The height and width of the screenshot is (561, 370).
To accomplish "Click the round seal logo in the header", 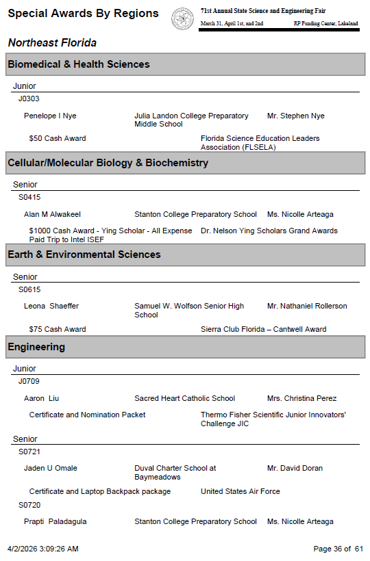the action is (182, 18).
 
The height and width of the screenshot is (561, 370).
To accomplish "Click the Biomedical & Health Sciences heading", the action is (78, 64).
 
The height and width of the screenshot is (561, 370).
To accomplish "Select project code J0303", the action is (29, 99).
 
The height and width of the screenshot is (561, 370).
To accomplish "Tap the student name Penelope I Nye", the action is (50, 116).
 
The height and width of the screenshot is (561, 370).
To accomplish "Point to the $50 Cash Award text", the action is (58, 138).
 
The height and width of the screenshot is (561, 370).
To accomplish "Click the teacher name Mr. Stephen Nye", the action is (296, 116).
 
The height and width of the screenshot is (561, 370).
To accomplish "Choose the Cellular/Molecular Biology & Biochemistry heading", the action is (108, 163).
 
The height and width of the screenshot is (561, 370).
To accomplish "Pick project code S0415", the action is (29, 197).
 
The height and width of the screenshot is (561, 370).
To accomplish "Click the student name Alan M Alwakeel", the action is (52, 214).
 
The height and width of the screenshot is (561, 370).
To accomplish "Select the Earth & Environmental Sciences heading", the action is (84, 255).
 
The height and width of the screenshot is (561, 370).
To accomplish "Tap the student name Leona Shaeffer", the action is (51, 306).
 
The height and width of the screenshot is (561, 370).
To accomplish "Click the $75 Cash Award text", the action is (58, 329).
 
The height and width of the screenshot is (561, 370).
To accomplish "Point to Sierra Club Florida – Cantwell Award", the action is (263, 329).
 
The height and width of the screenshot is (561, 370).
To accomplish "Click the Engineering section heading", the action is (36, 347).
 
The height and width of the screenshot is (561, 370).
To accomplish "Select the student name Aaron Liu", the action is (42, 398).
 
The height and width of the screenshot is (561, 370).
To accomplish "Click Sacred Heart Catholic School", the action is (184, 398).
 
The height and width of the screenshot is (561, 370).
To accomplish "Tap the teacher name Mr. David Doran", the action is (295, 468).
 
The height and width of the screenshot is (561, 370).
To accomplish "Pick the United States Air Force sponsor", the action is (241, 491).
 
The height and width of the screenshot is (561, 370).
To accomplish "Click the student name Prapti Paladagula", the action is (56, 521).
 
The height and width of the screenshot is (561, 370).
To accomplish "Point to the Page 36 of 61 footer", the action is (338, 549).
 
